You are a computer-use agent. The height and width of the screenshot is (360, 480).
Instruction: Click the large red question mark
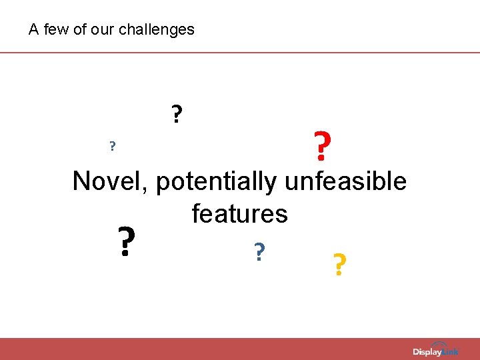(321, 147)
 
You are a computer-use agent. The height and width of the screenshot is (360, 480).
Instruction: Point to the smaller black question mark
(176, 115)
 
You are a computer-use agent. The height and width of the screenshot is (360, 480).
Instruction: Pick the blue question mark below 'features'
(259, 251)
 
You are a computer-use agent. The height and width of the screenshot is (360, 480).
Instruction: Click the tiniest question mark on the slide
(113, 146)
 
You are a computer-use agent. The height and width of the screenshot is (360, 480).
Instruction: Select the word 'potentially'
(219, 182)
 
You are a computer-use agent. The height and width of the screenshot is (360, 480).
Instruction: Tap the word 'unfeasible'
(345, 181)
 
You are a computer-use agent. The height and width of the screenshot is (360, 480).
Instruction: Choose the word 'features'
(239, 214)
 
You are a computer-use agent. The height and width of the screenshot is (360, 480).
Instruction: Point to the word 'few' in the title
(55, 30)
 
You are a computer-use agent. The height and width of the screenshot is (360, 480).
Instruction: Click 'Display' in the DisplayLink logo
(427, 351)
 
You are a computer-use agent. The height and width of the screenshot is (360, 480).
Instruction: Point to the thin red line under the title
(240, 52)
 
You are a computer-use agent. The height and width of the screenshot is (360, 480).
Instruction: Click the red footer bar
(200, 349)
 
